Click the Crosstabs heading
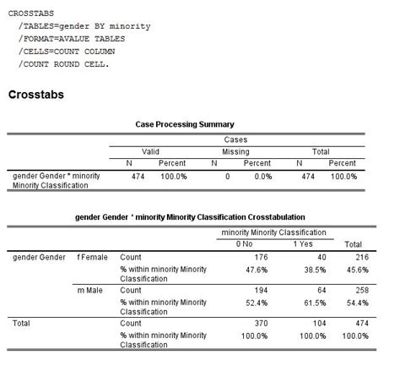pyautogui.click(x=36, y=95)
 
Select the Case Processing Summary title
pyautogui.click(x=185, y=124)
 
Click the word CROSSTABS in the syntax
pyautogui.click(x=31, y=14)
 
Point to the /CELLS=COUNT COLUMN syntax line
pyautogui.click(x=67, y=52)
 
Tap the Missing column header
pyautogui.click(x=235, y=152)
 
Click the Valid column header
pyautogui.click(x=150, y=152)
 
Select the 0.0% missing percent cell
pyautogui.click(x=263, y=177)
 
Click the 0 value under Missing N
pyautogui.click(x=228, y=177)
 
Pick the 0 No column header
pyautogui.click(x=244, y=243)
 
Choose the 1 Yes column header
pyautogui.click(x=303, y=243)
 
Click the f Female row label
pyautogui.click(x=92, y=257)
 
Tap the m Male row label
pyautogui.click(x=89, y=290)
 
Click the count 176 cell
pyautogui.click(x=261, y=257)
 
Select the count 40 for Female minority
pyautogui.click(x=322, y=257)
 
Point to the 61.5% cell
pyautogui.click(x=315, y=303)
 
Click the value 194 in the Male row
pyautogui.click(x=261, y=290)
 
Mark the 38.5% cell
pyautogui.click(x=315, y=270)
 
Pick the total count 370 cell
pyautogui.click(x=261, y=323)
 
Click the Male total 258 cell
pyautogui.click(x=362, y=290)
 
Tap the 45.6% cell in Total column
pyautogui.click(x=358, y=270)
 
